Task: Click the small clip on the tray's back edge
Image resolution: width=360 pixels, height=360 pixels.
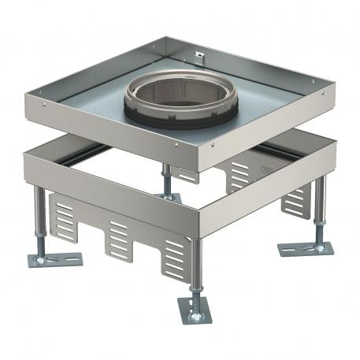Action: pos(198,58)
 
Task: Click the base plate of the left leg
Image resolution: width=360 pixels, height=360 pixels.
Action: pos(55,259)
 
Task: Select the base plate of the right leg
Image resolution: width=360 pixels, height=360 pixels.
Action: pos(306,248)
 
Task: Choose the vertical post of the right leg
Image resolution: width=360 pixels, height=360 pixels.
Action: pos(318,205)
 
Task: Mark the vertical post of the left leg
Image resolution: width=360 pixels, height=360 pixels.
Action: pos(39,217)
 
